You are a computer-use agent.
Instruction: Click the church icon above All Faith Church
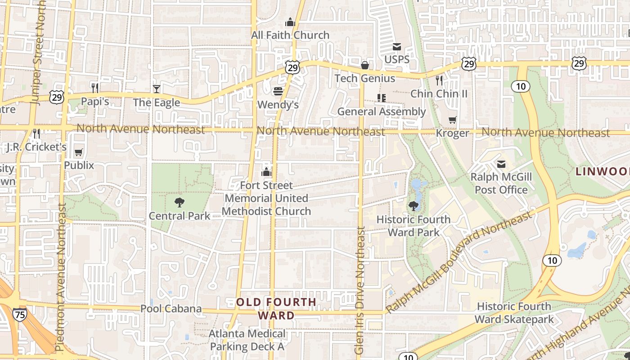pos(290,22)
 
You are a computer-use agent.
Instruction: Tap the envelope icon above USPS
pos(397,47)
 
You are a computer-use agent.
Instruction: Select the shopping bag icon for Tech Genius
pos(365,66)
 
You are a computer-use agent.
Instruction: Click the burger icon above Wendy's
pos(278,91)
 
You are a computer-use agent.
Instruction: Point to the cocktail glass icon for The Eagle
pos(156,89)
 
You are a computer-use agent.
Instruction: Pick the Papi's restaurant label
pos(95,102)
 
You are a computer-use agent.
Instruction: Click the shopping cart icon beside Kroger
pos(452,120)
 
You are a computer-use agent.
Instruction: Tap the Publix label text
pos(79,165)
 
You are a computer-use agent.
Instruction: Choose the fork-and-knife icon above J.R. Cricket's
pos(36,133)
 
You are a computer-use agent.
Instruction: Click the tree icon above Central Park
pos(180,202)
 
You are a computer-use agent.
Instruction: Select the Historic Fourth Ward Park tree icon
pos(413,207)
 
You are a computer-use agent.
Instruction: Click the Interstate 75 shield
pos(19,315)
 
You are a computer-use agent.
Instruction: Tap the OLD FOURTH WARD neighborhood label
pos(276,309)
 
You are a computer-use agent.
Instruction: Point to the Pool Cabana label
pos(171,309)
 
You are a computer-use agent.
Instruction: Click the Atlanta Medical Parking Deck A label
pos(247,340)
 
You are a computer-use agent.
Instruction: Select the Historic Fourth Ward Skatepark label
pos(514,313)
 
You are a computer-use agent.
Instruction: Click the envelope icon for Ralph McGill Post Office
pos(501,164)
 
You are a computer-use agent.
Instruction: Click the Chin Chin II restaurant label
pos(439,94)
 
